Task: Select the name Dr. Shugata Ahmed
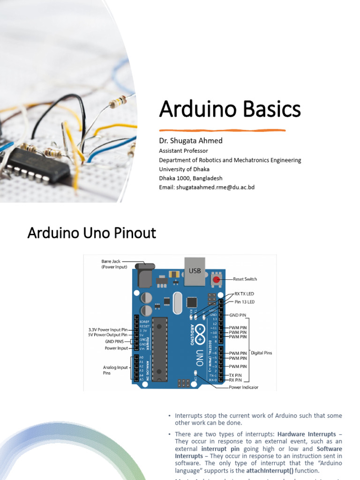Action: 184,141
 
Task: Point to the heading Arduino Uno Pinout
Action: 92,233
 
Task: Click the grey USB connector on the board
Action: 195,270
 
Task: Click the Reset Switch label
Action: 245,279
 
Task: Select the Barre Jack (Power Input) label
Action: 114,264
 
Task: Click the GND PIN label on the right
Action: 238,315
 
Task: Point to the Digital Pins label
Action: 262,352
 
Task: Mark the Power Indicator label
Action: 243,388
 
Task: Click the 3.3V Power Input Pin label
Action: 108,330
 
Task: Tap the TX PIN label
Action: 235,375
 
